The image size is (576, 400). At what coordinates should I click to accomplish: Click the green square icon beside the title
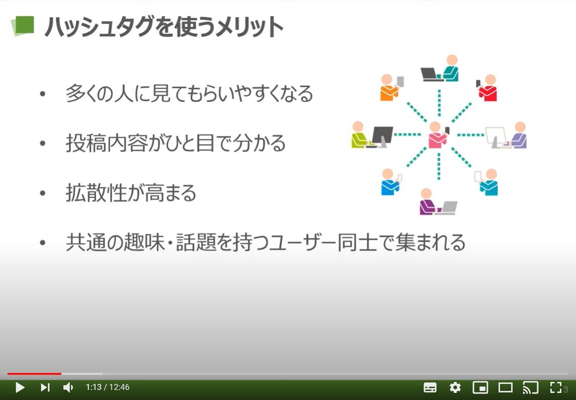23,26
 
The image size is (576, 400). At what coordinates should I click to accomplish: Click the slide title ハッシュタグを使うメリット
163,27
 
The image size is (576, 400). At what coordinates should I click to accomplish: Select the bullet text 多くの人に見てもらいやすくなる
189,94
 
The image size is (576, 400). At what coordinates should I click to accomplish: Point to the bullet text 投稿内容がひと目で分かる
176,143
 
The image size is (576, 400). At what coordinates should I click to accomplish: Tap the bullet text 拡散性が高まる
131,193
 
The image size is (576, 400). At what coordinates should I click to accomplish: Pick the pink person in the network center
437,135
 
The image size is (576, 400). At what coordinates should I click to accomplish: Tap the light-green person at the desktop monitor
359,135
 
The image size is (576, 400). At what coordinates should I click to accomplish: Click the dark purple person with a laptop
428,202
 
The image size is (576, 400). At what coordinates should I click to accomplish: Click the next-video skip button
45,387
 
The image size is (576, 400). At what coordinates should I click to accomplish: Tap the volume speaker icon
68,387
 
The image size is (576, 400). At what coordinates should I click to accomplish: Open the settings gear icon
455,387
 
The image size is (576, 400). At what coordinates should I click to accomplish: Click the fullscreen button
555,387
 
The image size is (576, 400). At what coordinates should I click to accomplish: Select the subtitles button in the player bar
430,387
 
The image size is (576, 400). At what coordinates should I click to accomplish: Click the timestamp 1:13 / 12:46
108,387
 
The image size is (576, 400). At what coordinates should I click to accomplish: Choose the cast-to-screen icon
530,387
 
